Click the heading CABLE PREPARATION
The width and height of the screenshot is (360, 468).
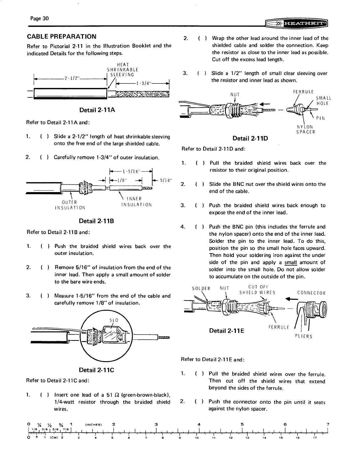point(61,37)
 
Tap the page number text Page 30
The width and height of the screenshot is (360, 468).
point(39,18)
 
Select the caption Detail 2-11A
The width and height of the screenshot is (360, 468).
point(97,110)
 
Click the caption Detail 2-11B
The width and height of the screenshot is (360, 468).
point(97,221)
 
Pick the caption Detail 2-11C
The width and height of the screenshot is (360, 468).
point(96,370)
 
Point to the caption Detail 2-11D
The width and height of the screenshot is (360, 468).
point(250,138)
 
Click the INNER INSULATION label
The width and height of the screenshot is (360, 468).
point(136,202)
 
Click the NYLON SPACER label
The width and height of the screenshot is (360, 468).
point(305,130)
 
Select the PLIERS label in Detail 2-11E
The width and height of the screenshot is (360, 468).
point(303,336)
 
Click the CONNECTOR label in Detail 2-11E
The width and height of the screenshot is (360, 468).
point(311,293)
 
